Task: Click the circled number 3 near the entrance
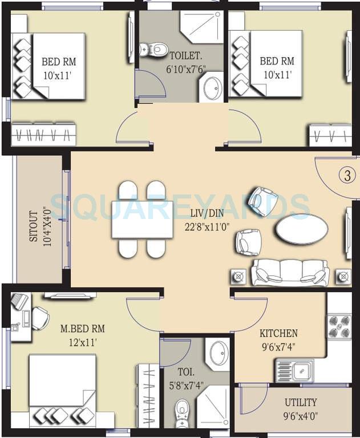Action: coord(347,176)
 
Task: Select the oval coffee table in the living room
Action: coord(302,229)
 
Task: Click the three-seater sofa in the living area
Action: coord(290,273)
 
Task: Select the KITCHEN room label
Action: coord(278,333)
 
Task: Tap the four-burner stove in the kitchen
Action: coord(339,326)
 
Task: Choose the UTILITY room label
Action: coord(301,403)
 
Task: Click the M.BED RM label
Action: coord(83,329)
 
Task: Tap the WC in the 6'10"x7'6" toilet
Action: coord(151,49)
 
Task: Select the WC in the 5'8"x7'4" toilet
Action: coord(182,409)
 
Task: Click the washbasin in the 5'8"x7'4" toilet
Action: coord(219,354)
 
